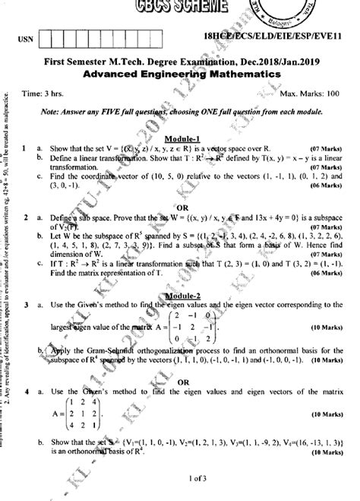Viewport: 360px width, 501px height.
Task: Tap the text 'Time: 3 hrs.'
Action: [x=43, y=92]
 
